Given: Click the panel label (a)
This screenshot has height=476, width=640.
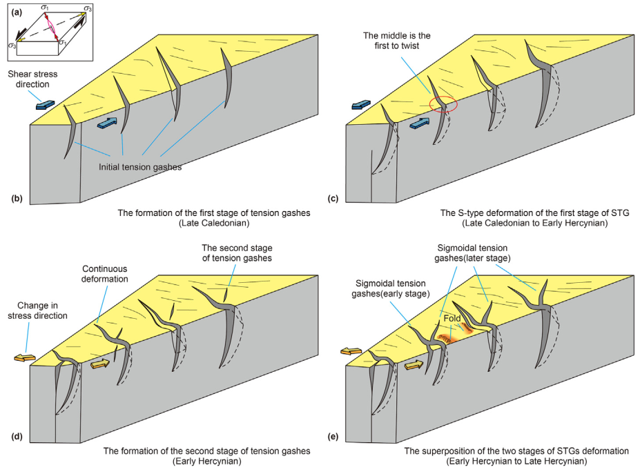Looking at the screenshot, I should [14, 11].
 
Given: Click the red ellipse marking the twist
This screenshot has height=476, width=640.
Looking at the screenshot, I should [443, 105].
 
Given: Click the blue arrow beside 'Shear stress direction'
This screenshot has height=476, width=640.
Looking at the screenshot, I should [45, 104].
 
